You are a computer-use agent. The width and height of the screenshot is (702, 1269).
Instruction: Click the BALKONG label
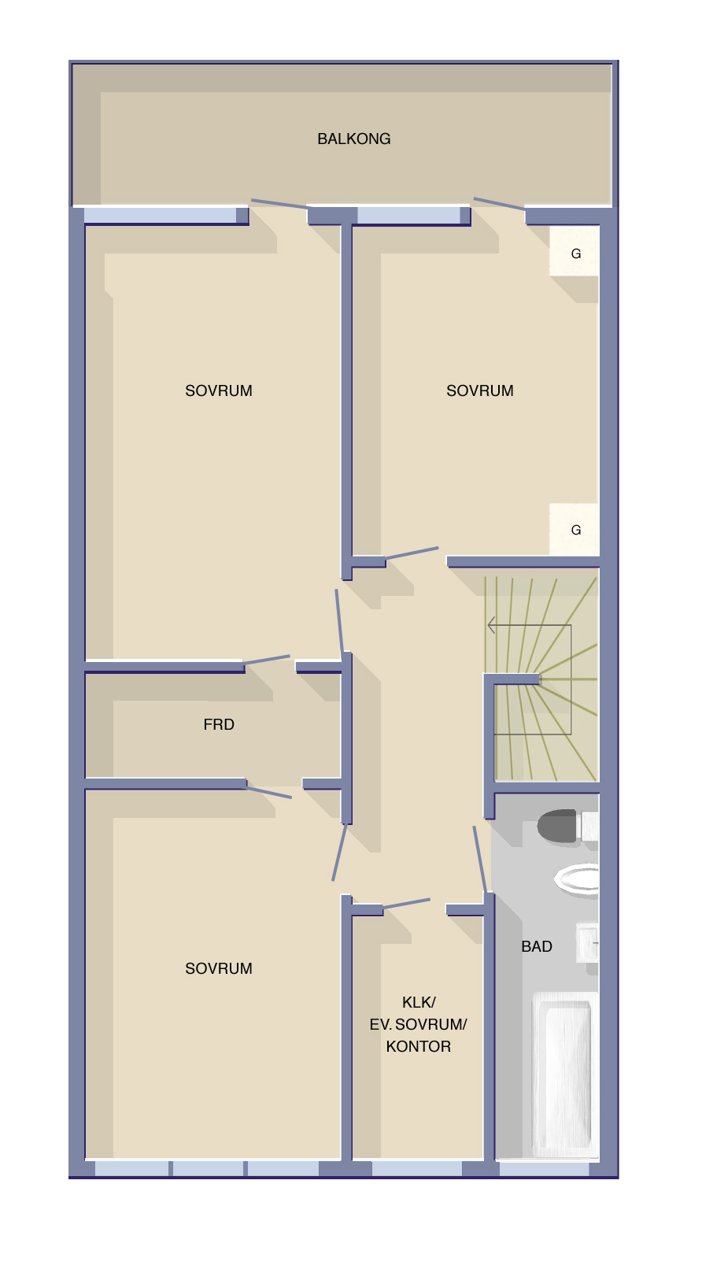pyautogui.click(x=354, y=139)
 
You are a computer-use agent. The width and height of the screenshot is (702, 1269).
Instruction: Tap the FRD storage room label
pyautogui.click(x=219, y=724)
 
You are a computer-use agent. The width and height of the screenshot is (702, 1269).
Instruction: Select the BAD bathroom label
pyautogui.click(x=537, y=946)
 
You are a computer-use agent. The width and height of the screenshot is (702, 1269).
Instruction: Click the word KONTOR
pyautogui.click(x=419, y=1046)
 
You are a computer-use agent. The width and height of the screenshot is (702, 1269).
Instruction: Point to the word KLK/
pyautogui.click(x=419, y=1002)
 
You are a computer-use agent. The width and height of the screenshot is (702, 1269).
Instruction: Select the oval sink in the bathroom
pyautogui.click(x=576, y=880)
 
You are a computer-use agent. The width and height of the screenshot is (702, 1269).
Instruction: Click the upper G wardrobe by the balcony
pyautogui.click(x=574, y=251)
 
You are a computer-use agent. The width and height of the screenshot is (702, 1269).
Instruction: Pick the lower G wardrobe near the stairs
pyautogui.click(x=574, y=529)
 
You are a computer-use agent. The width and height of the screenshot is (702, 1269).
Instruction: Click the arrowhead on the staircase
pyautogui.click(x=491, y=625)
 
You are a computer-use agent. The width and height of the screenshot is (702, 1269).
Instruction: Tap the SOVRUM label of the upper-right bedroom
pyautogui.click(x=480, y=391)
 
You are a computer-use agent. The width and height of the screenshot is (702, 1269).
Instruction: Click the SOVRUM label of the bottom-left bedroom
pyautogui.click(x=219, y=969)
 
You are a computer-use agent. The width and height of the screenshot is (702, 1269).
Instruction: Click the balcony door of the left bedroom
pyautogui.click(x=279, y=204)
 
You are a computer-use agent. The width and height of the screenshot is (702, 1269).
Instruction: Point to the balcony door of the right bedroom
pyautogui.click(x=500, y=204)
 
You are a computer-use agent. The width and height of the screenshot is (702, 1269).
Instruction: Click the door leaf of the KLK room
pyautogui.click(x=406, y=904)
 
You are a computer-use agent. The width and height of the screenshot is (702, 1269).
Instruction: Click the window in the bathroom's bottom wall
pyautogui.click(x=544, y=1169)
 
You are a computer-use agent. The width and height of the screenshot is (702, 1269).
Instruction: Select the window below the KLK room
pyautogui.click(x=416, y=1169)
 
